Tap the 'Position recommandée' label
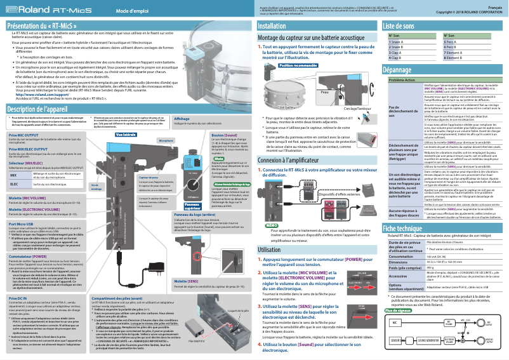point(301,65)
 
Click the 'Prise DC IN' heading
point(18,280)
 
